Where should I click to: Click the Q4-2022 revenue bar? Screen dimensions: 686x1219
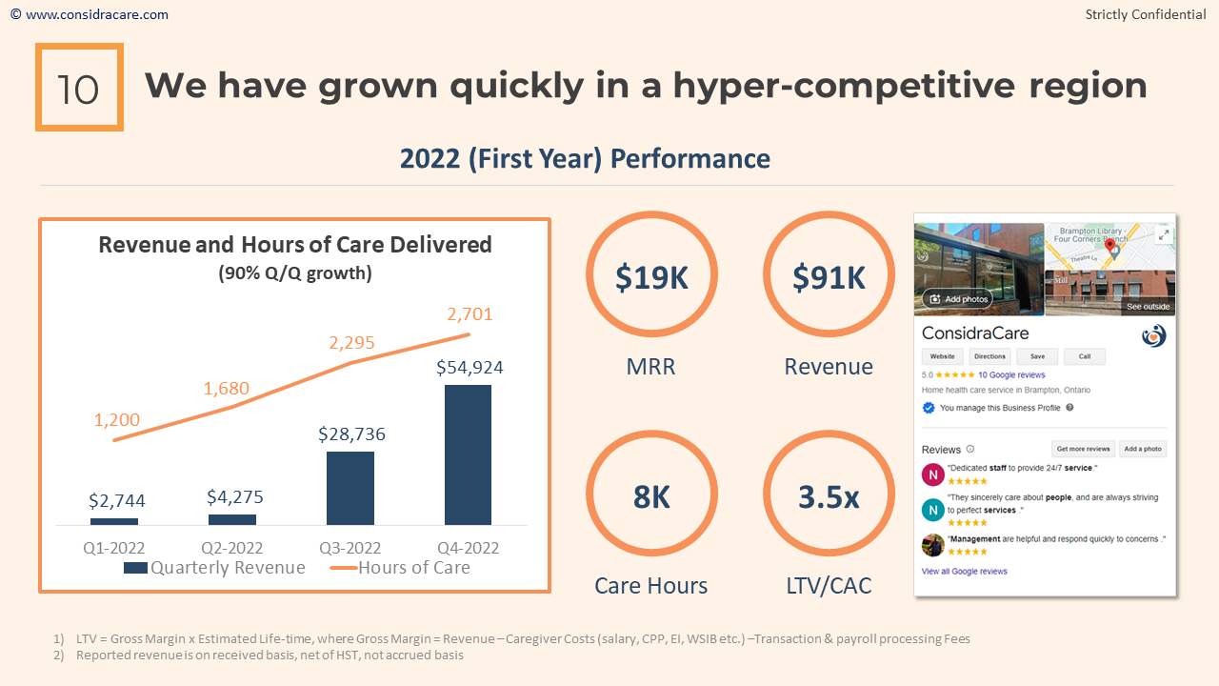coord(468,454)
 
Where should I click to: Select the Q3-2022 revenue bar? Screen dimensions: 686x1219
coord(350,488)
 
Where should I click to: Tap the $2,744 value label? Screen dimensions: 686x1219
coord(117,500)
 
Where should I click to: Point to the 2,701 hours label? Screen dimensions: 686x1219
coord(469,314)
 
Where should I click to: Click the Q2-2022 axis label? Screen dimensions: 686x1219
coord(232,548)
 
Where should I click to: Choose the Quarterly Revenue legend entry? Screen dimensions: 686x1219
coord(215,568)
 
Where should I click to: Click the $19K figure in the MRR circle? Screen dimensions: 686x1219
coord(651,277)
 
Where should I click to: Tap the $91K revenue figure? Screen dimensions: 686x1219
coord(829,277)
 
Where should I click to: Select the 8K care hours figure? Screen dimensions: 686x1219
coord(651,496)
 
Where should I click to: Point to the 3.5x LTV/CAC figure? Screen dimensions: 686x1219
coord(829,496)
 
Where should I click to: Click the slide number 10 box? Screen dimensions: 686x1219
coord(79,87)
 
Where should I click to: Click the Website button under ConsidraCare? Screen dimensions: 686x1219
coord(942,356)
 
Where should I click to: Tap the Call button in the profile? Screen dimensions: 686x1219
coord(1085,356)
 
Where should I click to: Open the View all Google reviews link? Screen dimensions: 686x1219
coord(964,572)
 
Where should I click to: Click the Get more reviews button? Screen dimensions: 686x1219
coord(1084,449)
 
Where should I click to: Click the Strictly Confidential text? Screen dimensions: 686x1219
coord(1146,14)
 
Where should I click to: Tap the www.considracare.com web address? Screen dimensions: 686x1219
coord(95,14)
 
